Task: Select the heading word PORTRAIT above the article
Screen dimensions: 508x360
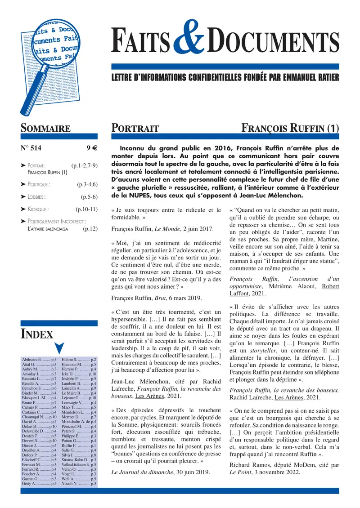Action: (x=135, y=129)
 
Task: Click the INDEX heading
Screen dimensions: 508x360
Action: (x=37, y=334)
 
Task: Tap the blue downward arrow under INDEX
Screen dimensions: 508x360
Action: (x=59, y=348)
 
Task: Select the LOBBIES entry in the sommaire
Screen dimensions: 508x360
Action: (x=36, y=196)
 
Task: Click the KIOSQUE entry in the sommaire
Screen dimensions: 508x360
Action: (x=38, y=209)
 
